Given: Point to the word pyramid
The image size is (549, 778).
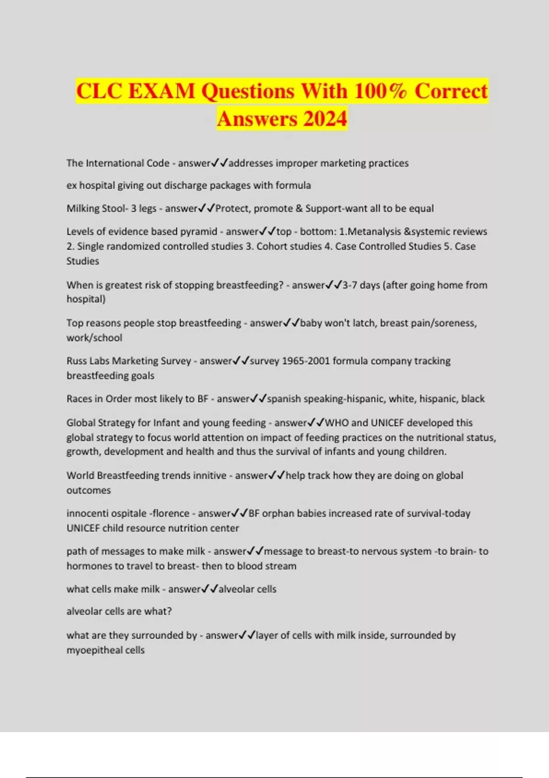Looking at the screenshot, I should (x=200, y=232).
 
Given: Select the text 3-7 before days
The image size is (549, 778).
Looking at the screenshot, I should (x=350, y=285).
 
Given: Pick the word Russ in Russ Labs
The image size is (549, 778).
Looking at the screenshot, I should (x=76, y=361).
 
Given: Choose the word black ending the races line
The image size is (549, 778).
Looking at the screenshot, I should (x=473, y=399).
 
